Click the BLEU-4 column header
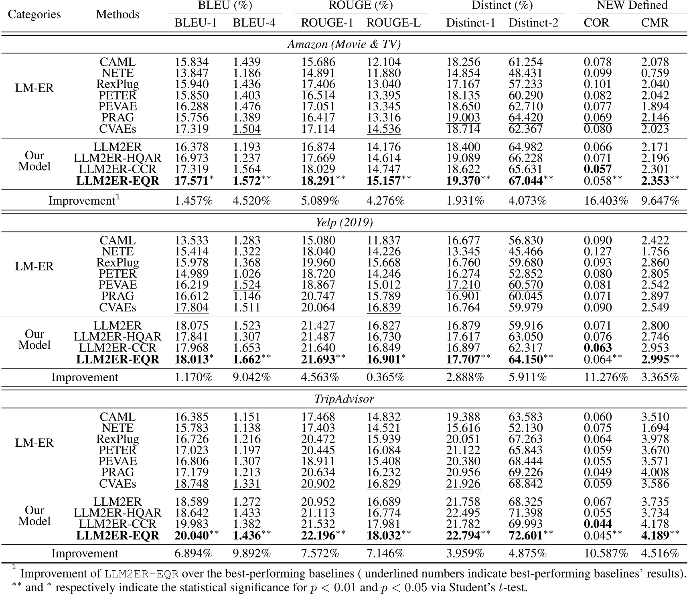(x=254, y=22)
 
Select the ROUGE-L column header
(x=393, y=22)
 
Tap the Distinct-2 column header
(x=533, y=22)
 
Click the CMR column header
(x=655, y=22)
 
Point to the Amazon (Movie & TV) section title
(x=344, y=44)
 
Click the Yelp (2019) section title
(x=344, y=222)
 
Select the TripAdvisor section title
(x=344, y=399)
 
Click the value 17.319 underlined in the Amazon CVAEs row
(x=191, y=129)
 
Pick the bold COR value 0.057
(x=598, y=169)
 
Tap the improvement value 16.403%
(x=606, y=200)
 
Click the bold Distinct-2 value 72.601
(x=525, y=535)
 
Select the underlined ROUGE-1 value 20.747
(x=318, y=296)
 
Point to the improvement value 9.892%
(x=251, y=553)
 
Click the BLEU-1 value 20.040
(x=191, y=535)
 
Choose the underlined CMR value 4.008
(x=655, y=472)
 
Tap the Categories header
(x=34, y=14)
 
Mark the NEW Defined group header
(x=632, y=5)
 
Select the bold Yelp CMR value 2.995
(x=655, y=359)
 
